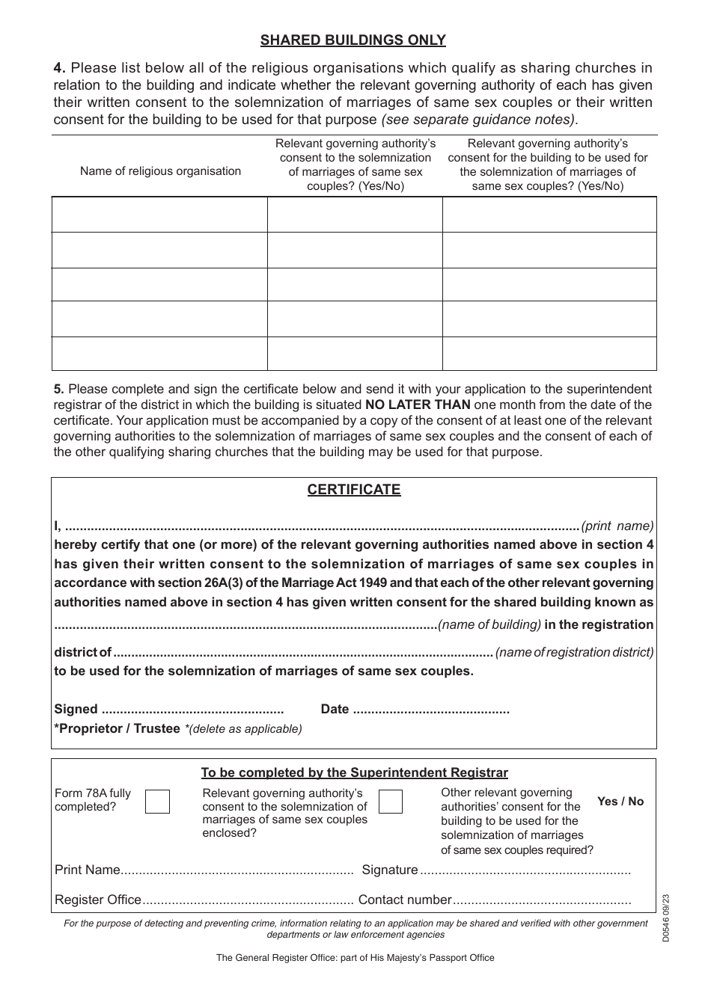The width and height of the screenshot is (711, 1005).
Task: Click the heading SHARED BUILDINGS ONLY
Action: [x=353, y=40]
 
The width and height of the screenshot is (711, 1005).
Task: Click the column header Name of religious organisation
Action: [x=160, y=171]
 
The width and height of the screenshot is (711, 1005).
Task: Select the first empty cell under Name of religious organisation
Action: [x=159, y=215]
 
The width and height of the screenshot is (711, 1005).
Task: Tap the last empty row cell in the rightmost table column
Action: [x=549, y=354]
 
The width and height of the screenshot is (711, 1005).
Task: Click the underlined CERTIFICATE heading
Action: [x=354, y=490]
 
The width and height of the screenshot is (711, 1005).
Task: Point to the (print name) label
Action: [x=617, y=526]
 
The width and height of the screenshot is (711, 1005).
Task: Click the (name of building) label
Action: [x=489, y=624]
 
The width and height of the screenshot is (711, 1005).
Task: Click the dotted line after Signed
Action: [x=192, y=710]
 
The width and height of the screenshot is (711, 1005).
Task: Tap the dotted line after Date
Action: [x=431, y=710]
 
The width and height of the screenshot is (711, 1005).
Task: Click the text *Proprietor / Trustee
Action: [x=118, y=728]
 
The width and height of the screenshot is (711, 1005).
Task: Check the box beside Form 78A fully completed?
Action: [x=157, y=802]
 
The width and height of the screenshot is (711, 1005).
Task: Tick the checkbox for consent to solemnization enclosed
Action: [x=391, y=802]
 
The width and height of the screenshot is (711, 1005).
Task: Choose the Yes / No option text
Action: [x=620, y=802]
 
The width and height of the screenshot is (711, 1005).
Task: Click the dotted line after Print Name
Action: [x=237, y=870]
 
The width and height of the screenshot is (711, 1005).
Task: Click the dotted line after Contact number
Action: [x=542, y=900]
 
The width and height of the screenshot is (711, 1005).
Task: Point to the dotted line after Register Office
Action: [x=247, y=900]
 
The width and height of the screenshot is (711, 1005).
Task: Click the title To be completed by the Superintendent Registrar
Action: [x=354, y=773]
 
